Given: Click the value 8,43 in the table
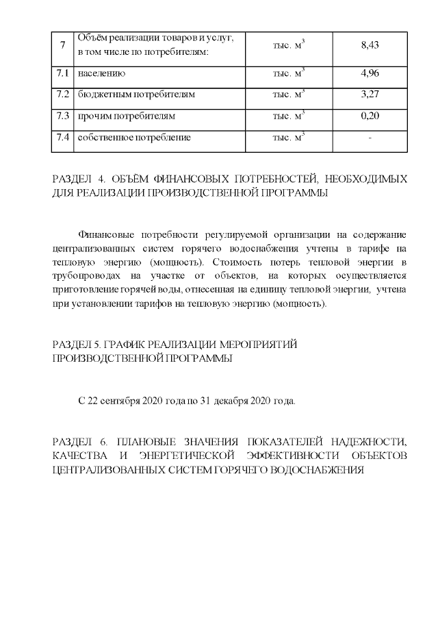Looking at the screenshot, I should click(370, 45).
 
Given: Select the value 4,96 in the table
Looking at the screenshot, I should click(370, 73).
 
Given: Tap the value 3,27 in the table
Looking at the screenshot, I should click(370, 95).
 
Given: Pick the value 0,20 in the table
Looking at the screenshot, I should click(370, 116).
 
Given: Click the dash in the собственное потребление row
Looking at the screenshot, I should click(370, 138).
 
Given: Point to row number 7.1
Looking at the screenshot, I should click(63, 73).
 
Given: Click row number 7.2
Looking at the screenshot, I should click(63, 95).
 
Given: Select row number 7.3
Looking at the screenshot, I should click(63, 116).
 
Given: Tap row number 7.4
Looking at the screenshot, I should click(63, 138).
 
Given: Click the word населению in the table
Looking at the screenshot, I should click(102, 73).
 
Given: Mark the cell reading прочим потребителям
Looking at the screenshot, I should click(127, 116).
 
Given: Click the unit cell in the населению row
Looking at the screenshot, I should click(288, 73).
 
